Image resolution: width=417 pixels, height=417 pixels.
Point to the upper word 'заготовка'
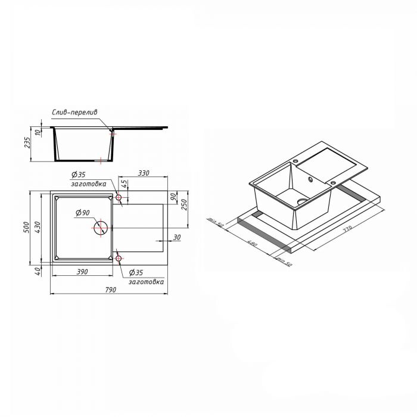pyautogui.click(x=86, y=183)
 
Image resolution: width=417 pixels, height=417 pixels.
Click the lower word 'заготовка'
pyautogui.click(x=147, y=282)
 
